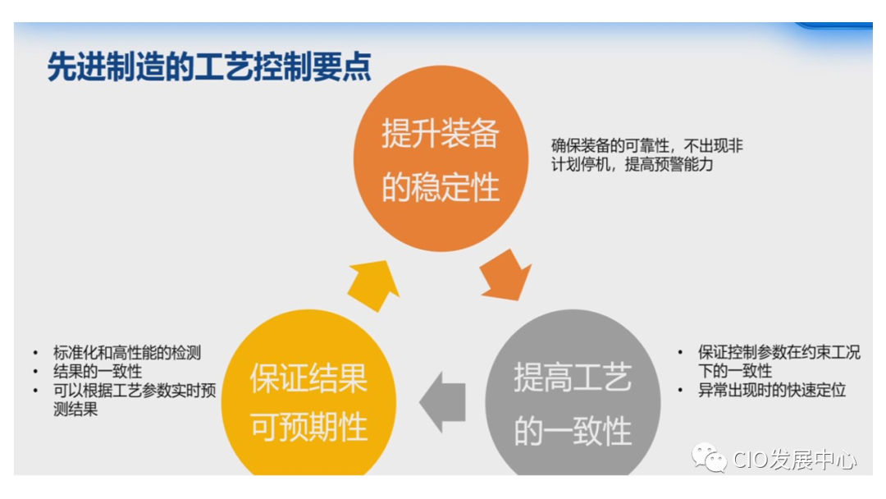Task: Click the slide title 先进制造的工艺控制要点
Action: point(209,68)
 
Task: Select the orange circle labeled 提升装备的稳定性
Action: point(441,159)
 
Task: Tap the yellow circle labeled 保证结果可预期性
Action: point(308,402)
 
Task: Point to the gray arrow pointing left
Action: point(443,402)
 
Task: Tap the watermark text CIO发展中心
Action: point(793,459)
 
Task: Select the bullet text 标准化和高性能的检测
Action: point(127,353)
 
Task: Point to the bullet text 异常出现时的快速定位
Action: point(772,391)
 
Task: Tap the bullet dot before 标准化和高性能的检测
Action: point(35,353)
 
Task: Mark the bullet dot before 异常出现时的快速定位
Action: point(680,391)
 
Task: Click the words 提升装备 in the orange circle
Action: point(441,135)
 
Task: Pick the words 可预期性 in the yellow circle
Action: point(308,427)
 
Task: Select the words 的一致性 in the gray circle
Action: point(573,431)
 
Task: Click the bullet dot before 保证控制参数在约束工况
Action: point(680,353)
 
